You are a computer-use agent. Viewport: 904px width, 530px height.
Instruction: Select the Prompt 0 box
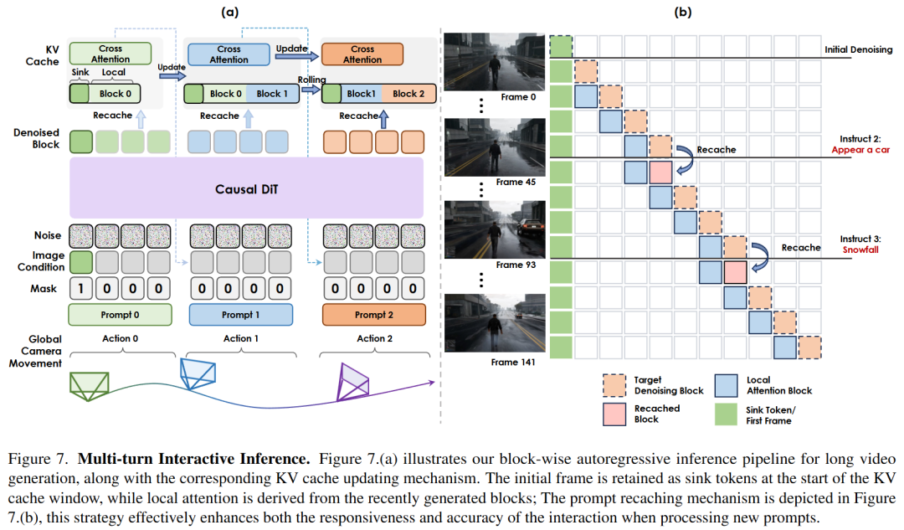pyautogui.click(x=120, y=315)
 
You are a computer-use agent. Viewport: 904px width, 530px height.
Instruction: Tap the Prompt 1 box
pyautogui.click(x=241, y=315)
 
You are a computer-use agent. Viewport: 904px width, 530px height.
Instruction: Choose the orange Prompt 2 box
pyautogui.click(x=373, y=315)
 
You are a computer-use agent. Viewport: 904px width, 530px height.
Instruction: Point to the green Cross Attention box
pyautogui.click(x=110, y=54)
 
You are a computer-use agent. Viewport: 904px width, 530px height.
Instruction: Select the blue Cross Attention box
pyautogui.click(x=229, y=54)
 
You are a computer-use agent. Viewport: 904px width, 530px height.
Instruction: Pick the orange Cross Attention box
pyautogui.click(x=362, y=54)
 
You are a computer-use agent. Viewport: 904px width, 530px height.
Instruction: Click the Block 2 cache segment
pyautogui.click(x=408, y=94)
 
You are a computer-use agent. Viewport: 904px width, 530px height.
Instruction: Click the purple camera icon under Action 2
pyautogui.click(x=353, y=382)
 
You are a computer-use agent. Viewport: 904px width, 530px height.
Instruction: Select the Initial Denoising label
pyautogui.click(x=857, y=50)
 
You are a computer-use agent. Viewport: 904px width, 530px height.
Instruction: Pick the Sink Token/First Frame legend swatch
pyautogui.click(x=728, y=414)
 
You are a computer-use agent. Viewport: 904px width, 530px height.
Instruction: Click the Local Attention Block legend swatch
pyautogui.click(x=728, y=384)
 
